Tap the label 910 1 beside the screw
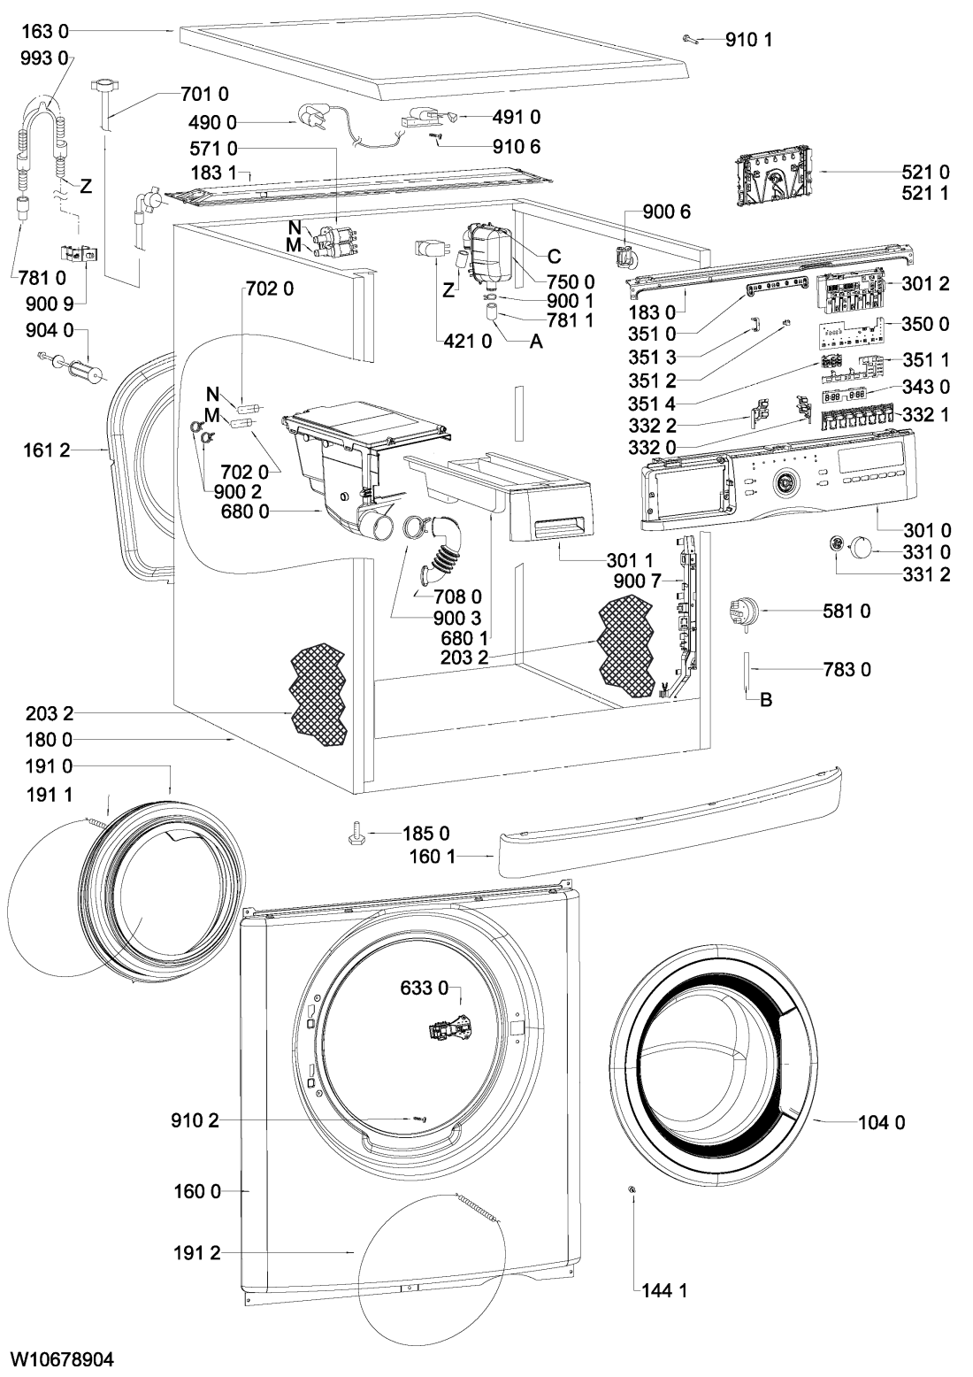[x=748, y=39]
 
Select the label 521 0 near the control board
[x=925, y=172]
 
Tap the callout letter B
[x=767, y=700]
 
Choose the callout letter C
[x=554, y=257]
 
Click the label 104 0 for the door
[x=881, y=1123]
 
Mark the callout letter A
[x=535, y=344]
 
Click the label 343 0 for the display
[x=925, y=387]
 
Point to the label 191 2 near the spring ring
[x=196, y=1252]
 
